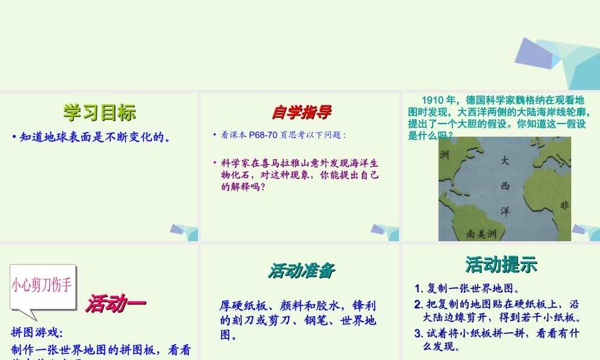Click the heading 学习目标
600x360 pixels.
100,112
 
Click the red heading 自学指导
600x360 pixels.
301,112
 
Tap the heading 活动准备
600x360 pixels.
301,271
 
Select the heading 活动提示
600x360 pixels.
501,265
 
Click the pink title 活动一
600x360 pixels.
115,304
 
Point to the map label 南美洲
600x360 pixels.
482,233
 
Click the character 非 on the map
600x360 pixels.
564,206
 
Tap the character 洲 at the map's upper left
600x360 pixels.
445,155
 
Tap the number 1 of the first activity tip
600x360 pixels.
418,288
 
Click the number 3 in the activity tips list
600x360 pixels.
418,334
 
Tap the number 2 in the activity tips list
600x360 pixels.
418,304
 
